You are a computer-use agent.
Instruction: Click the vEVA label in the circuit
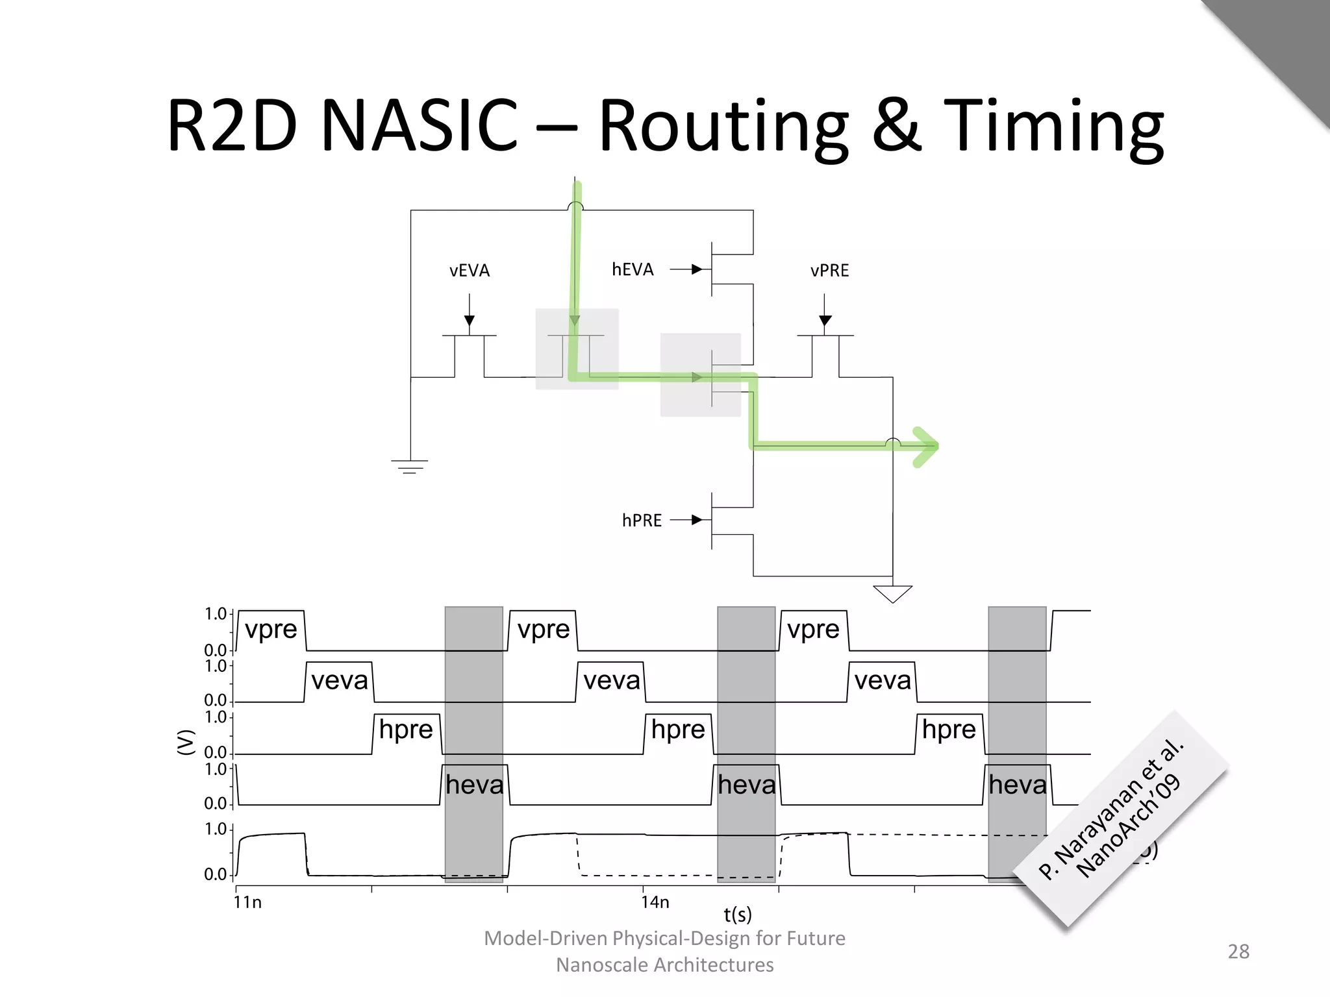[x=469, y=271]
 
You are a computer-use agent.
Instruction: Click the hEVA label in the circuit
[x=633, y=269]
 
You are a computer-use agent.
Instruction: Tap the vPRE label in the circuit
[x=829, y=271]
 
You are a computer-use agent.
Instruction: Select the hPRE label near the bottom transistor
[x=642, y=521]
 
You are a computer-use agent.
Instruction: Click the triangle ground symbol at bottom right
[x=892, y=593]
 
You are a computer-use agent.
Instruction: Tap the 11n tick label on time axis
[x=247, y=902]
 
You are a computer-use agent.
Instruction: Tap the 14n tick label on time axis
[x=655, y=902]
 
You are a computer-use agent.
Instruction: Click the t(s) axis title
[x=738, y=915]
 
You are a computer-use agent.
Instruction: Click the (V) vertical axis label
[x=186, y=742]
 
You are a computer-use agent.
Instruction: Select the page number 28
[x=1238, y=952]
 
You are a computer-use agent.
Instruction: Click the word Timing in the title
[x=1053, y=127]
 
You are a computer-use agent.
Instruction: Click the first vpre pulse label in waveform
[x=271, y=629]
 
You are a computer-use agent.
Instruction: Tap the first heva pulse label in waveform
[x=474, y=785]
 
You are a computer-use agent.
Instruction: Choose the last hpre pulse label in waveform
[x=949, y=730]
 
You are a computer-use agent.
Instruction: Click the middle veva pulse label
[x=611, y=680]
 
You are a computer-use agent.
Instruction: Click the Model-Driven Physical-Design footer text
[x=664, y=939]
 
